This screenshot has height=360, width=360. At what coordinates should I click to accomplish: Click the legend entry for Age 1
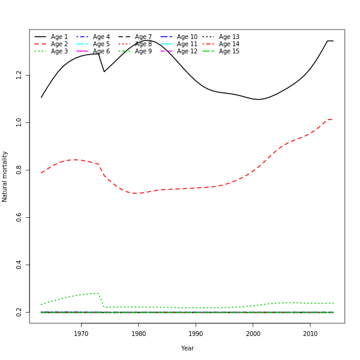[59, 37]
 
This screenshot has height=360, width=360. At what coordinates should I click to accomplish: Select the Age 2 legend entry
[59, 44]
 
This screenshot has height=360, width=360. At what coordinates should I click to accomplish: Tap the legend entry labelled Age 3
[59, 52]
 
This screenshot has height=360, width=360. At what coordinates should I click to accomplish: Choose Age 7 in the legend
[143, 37]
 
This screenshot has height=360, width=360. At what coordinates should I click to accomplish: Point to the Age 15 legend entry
[229, 52]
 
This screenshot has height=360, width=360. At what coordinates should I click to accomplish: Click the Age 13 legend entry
[229, 37]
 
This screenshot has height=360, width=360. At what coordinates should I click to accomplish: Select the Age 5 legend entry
[101, 44]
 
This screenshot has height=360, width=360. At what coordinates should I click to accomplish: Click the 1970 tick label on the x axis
[81, 334]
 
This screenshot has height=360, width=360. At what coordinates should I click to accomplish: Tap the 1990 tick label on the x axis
[196, 334]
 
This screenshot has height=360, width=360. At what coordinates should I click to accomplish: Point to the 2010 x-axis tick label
[310, 334]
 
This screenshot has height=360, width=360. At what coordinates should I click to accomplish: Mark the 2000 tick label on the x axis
[253, 334]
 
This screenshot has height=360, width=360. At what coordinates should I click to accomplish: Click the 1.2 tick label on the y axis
[19, 75]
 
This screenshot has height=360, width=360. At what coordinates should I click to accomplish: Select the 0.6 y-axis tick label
[19, 217]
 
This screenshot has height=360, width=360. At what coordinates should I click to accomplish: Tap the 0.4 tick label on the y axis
[19, 265]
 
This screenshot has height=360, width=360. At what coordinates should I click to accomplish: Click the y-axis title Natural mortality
[5, 176]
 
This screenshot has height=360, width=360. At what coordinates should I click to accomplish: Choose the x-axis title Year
[187, 348]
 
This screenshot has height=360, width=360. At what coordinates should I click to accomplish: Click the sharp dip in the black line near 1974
[104, 72]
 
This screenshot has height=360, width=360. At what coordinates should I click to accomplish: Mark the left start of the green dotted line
[41, 304]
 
